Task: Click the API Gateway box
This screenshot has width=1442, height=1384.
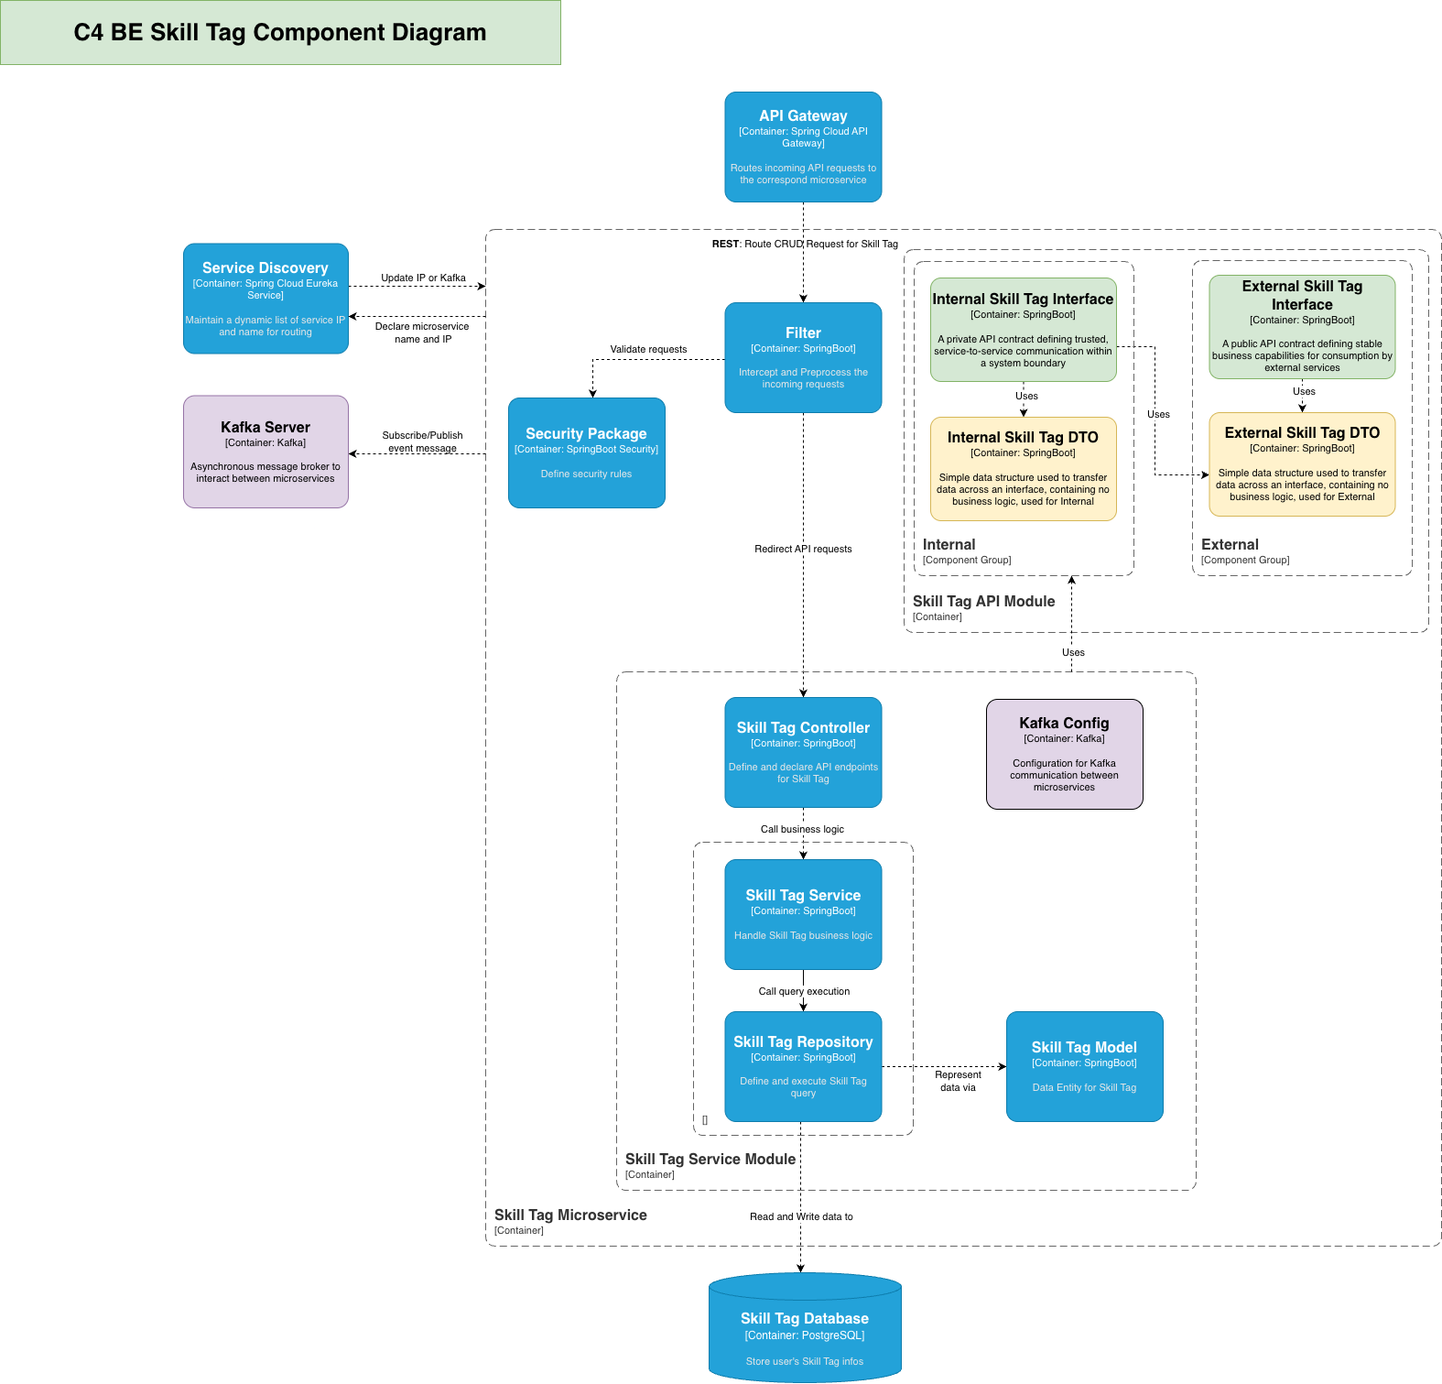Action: [x=803, y=147]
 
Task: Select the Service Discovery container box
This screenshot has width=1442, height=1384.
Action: [x=266, y=299]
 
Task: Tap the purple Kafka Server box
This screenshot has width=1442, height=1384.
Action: [x=266, y=452]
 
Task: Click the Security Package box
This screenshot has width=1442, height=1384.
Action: [x=586, y=452]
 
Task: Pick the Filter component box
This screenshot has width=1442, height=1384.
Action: [x=803, y=357]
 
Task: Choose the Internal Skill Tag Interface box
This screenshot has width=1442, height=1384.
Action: [x=1023, y=330]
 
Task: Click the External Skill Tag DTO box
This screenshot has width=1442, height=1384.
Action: [x=1302, y=464]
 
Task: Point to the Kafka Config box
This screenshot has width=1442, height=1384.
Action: [x=1064, y=754]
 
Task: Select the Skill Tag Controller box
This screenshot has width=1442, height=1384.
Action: [x=803, y=752]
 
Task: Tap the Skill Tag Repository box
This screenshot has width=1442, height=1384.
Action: [x=803, y=1066]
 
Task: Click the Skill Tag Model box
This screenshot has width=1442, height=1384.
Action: [x=1084, y=1066]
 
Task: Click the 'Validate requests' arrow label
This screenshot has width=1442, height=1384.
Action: [x=648, y=349]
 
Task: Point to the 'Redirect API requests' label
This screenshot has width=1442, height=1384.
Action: [x=803, y=549]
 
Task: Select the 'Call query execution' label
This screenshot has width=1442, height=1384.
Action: [x=804, y=991]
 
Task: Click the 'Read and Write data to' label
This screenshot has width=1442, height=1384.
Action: [x=801, y=1216]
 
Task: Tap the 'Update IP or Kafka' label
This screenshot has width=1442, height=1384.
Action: [x=423, y=278]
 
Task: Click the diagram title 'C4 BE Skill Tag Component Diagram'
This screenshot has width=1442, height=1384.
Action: [x=280, y=32]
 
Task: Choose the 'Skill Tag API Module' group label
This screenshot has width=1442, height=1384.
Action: [x=983, y=601]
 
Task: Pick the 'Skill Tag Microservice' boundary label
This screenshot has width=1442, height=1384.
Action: [x=570, y=1215]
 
